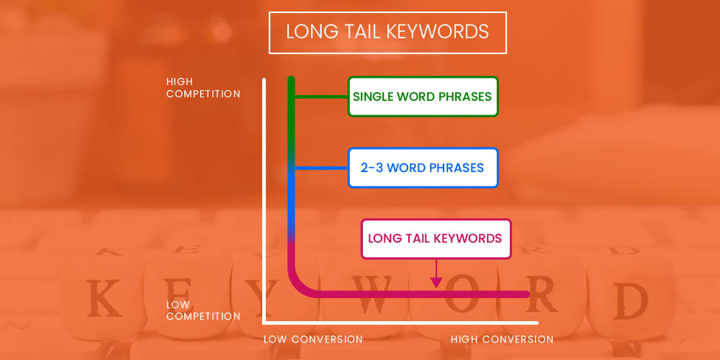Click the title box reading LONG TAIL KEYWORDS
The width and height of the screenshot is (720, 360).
pos(387,32)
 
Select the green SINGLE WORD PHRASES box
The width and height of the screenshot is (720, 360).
pos(423,96)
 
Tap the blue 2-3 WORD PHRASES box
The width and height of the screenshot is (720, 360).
pos(423,168)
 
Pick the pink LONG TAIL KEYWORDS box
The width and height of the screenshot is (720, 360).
pos(436,239)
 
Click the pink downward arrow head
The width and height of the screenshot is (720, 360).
pos(436,282)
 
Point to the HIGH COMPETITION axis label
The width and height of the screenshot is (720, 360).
pos(203,88)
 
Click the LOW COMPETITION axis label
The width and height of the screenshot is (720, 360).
pos(203,310)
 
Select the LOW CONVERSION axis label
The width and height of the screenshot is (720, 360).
pos(312,339)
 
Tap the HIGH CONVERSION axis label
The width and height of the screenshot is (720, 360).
pos(502,339)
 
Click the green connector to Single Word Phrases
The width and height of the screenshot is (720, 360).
pos(321,97)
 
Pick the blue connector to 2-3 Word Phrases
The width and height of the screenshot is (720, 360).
pos(321,168)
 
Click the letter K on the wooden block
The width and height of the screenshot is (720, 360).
pos(104,297)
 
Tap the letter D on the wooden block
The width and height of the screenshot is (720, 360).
pos(631,301)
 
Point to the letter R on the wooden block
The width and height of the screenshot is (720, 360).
pos(543,294)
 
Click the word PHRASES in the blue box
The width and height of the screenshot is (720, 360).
pos(457,168)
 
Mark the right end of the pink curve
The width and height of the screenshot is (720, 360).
pos(529,294)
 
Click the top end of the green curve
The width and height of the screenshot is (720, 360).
pos(291,77)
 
